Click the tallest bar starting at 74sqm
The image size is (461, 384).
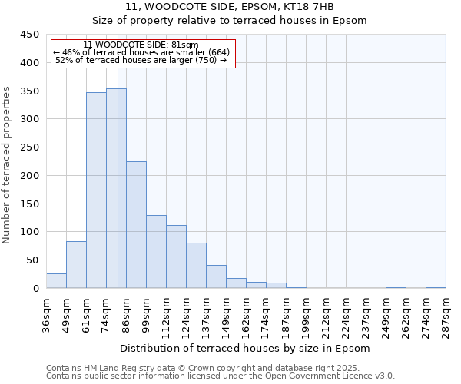click(116, 188)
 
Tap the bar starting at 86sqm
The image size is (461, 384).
click(136, 225)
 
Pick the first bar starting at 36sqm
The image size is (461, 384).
click(56, 281)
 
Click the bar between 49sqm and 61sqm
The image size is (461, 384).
click(76, 265)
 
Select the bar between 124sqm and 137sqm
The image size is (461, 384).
click(196, 266)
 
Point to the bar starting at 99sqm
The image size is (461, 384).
click(156, 252)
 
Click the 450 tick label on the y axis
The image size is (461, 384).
click(29, 35)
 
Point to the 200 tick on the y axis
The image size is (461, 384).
click(29, 176)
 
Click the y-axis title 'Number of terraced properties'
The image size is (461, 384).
click(7, 165)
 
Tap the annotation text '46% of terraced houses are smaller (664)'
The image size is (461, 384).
click(141, 52)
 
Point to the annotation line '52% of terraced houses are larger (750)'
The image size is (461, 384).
click(141, 60)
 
